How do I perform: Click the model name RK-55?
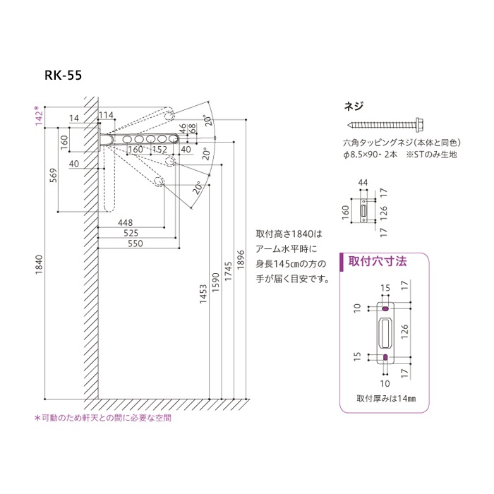click(64, 78)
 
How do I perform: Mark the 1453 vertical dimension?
click(205, 297)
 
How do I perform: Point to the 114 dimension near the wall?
click(106, 115)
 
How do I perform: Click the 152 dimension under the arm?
click(159, 150)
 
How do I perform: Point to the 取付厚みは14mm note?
click(386, 398)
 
